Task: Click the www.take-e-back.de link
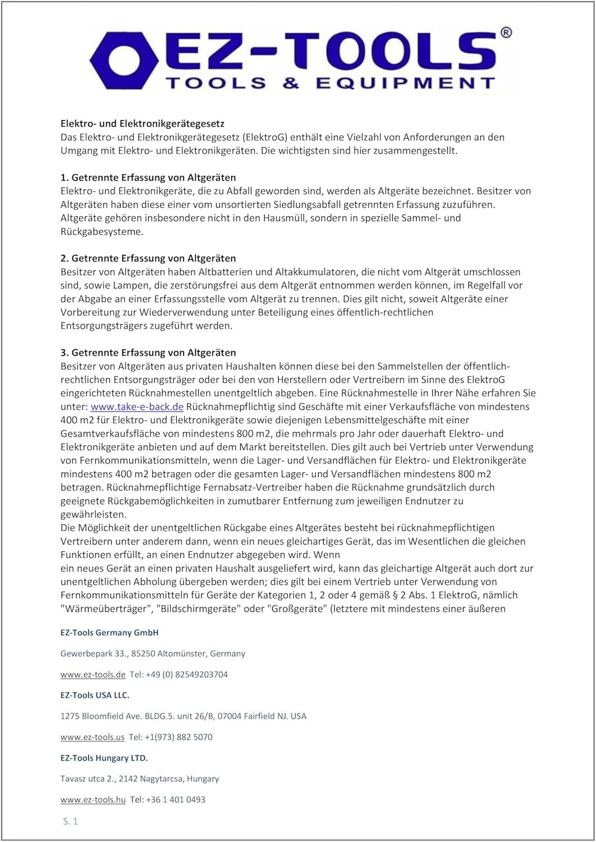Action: point(137,406)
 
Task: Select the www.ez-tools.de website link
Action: point(93,674)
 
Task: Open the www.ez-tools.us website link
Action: point(92,737)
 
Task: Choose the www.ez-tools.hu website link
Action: point(93,799)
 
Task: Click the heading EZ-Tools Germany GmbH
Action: point(109,633)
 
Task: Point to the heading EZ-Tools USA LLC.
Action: point(95,695)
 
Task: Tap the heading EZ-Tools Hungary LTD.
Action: point(104,758)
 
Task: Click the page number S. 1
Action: point(70,821)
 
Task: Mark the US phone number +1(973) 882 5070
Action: point(180,737)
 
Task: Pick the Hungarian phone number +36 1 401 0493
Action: point(176,799)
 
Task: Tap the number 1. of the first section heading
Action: point(65,177)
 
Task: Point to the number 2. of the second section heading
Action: point(65,258)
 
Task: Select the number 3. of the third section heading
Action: point(65,353)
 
